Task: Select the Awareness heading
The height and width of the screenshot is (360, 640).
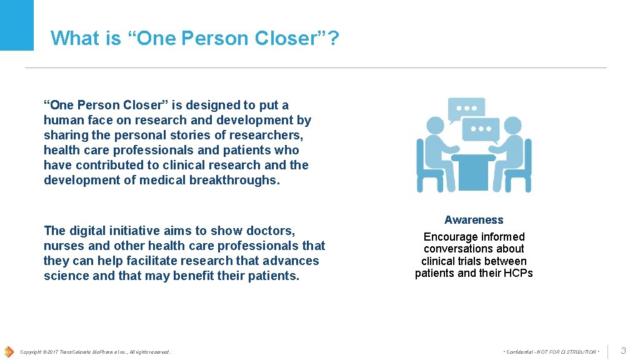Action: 474,220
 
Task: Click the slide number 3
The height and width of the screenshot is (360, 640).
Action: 623,351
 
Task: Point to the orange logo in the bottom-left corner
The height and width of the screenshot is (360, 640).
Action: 8,351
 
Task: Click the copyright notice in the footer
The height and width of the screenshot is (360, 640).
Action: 95,352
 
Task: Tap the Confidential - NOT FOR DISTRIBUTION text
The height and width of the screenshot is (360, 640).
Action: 551,352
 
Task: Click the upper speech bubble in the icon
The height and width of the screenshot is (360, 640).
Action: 466,108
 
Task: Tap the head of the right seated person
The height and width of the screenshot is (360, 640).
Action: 514,126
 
